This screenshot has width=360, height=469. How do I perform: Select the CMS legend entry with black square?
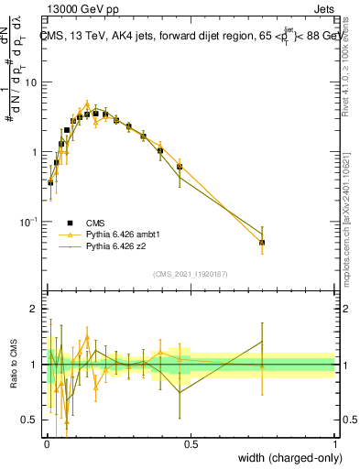82,222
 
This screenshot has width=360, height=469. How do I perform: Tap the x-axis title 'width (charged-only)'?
284,458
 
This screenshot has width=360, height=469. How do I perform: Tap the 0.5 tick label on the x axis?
191,444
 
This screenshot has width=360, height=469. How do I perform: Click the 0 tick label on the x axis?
47,444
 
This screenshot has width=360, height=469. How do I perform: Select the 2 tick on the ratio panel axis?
37,309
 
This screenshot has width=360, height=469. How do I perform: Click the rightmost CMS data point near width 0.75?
262,243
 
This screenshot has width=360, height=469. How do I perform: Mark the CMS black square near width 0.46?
180,167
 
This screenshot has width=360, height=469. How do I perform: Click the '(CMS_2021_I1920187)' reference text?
191,274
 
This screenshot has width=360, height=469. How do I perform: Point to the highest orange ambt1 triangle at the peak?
87,104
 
